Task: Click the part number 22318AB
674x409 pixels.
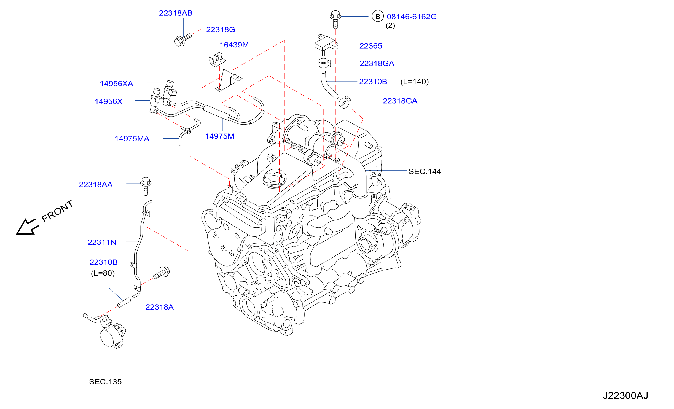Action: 176,13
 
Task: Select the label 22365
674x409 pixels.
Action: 370,46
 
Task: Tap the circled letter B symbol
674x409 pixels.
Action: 378,17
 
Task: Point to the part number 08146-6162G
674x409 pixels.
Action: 412,17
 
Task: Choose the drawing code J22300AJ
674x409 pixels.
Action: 625,395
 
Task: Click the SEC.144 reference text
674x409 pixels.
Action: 425,171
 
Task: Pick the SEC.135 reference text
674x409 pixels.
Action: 105,381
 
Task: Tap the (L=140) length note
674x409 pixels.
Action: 414,82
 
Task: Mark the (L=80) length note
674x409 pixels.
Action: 103,273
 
